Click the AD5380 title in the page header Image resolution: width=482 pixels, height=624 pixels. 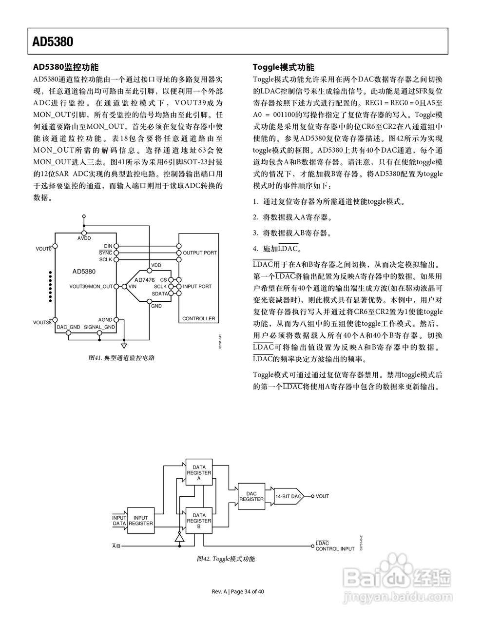click(x=53, y=41)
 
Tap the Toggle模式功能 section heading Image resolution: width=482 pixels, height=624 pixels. click(x=284, y=67)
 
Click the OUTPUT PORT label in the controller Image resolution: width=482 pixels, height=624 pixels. click(x=200, y=253)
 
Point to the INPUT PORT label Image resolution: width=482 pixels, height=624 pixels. click(x=197, y=287)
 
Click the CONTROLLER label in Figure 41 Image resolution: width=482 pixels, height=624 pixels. click(x=198, y=319)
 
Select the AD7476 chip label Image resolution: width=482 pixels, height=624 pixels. click(x=144, y=280)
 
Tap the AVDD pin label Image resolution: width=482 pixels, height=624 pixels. click(x=84, y=238)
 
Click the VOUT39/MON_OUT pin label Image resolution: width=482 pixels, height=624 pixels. click(x=91, y=287)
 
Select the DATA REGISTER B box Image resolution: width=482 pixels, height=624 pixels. click(x=199, y=521)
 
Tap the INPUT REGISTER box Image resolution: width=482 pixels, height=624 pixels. click(x=141, y=521)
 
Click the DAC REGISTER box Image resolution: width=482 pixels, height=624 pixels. click(x=251, y=496)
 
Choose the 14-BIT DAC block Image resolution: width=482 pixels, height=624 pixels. click(x=289, y=496)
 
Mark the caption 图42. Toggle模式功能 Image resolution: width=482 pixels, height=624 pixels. click(x=226, y=559)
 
